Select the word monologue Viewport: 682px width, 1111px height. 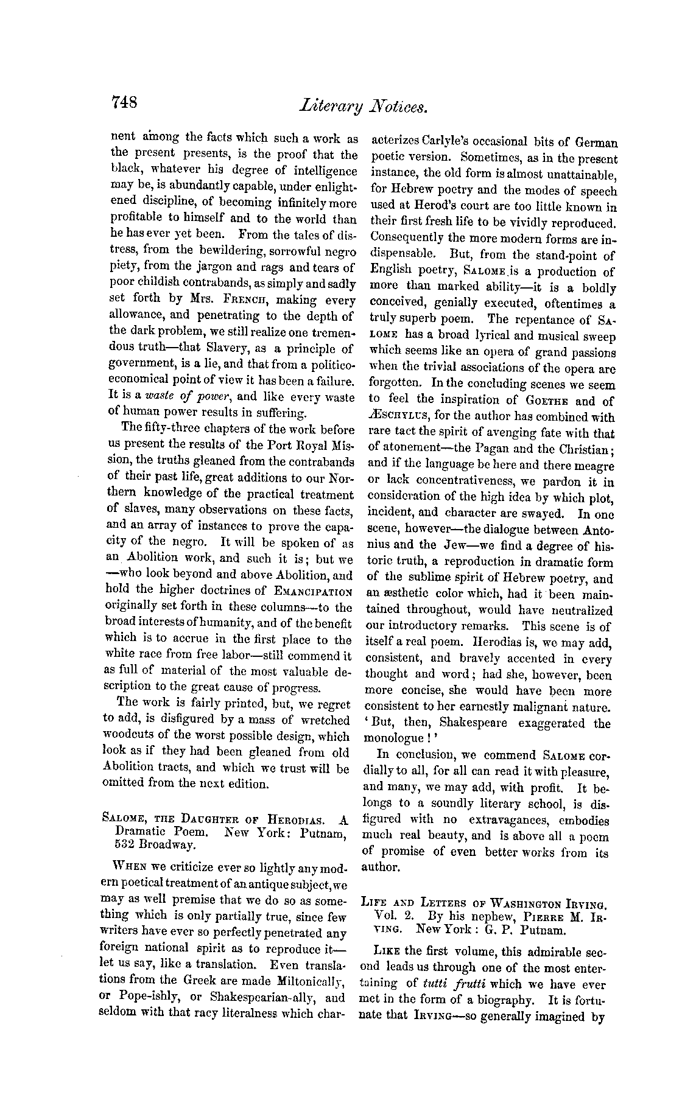pos(393,740)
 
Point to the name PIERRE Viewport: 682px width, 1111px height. pos(540,915)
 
